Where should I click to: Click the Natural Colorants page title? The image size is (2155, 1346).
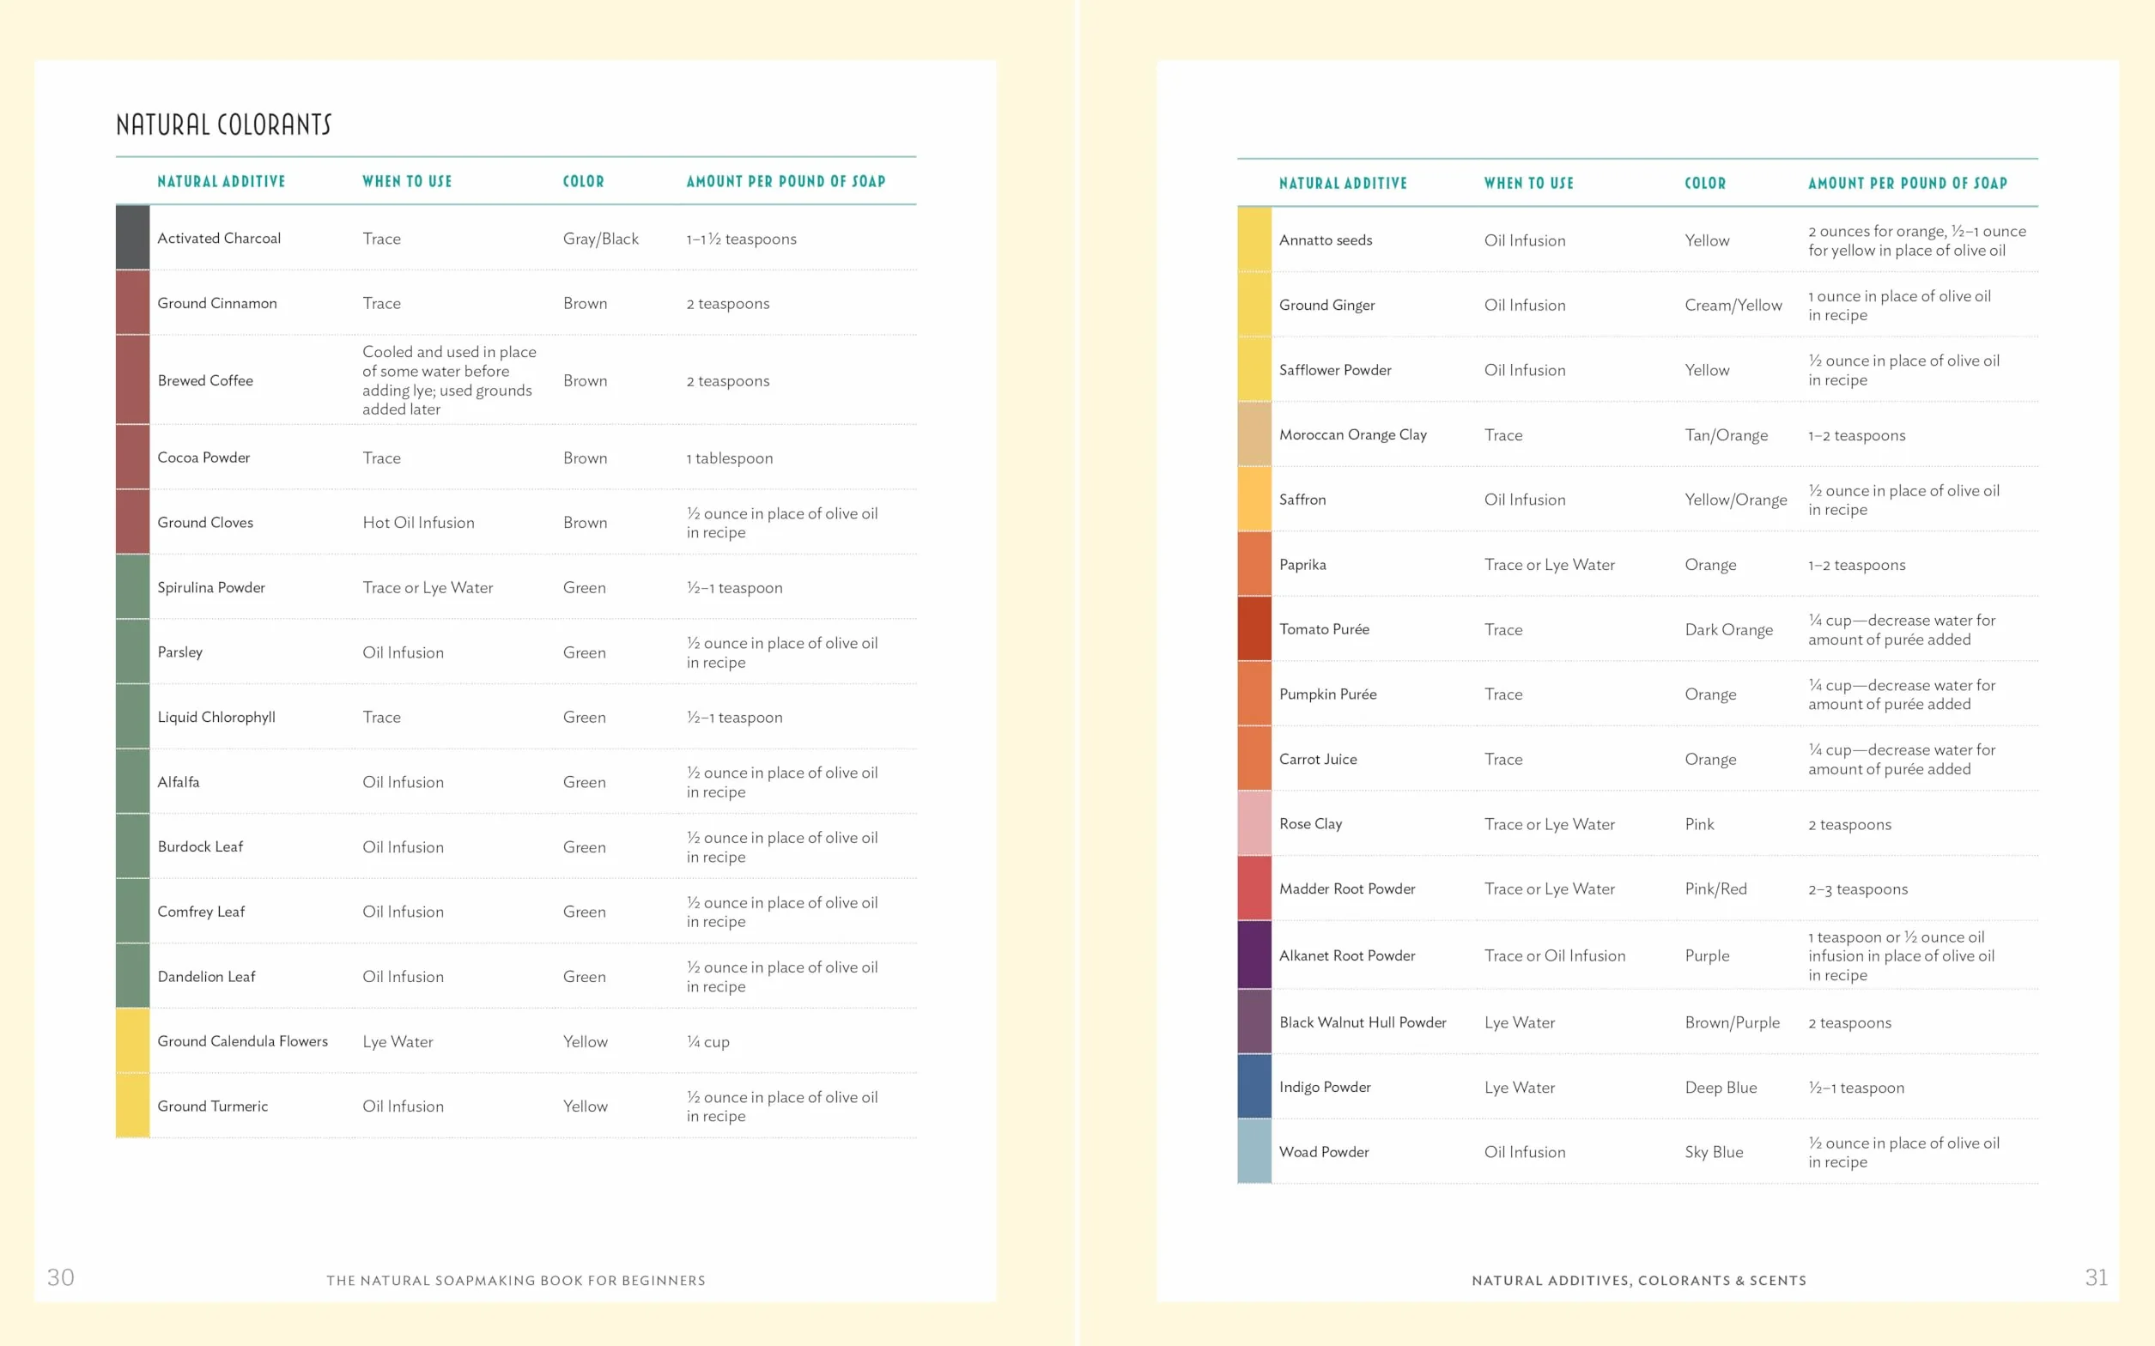pyautogui.click(x=223, y=124)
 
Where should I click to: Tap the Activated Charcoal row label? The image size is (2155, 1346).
pyautogui.click(x=219, y=239)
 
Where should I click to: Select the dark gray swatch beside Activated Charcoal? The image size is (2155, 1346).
pyautogui.click(x=132, y=238)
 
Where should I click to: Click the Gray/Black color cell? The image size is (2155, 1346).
pyautogui.click(x=601, y=239)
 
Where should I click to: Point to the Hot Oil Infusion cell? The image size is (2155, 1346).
pyautogui.click(x=418, y=523)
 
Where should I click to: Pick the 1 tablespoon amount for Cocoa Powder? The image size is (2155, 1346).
pyautogui.click(x=729, y=458)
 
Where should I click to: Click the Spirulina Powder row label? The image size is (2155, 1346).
pyautogui.click(x=211, y=587)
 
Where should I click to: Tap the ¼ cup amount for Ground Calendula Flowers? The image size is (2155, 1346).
pyautogui.click(x=707, y=1041)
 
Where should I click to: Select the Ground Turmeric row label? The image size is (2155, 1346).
pyautogui.click(x=213, y=1107)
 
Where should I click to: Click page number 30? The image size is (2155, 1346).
pyautogui.click(x=60, y=1277)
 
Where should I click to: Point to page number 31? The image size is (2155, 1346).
pyautogui.click(x=2097, y=1277)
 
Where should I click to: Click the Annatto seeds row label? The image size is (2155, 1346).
pyautogui.click(x=1326, y=240)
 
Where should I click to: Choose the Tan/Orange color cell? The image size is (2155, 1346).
pyautogui.click(x=1726, y=435)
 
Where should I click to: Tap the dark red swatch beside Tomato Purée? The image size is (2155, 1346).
pyautogui.click(x=1254, y=628)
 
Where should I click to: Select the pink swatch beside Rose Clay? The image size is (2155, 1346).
pyautogui.click(x=1254, y=823)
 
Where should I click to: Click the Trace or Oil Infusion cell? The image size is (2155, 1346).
pyautogui.click(x=1554, y=955)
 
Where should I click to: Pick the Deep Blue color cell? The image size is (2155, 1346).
pyautogui.click(x=1721, y=1088)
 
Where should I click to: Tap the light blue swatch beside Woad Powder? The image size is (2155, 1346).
pyautogui.click(x=1254, y=1151)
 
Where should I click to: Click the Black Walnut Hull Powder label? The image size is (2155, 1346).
pyautogui.click(x=1363, y=1023)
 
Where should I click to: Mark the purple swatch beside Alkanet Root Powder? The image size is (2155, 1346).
pyautogui.click(x=1254, y=955)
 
